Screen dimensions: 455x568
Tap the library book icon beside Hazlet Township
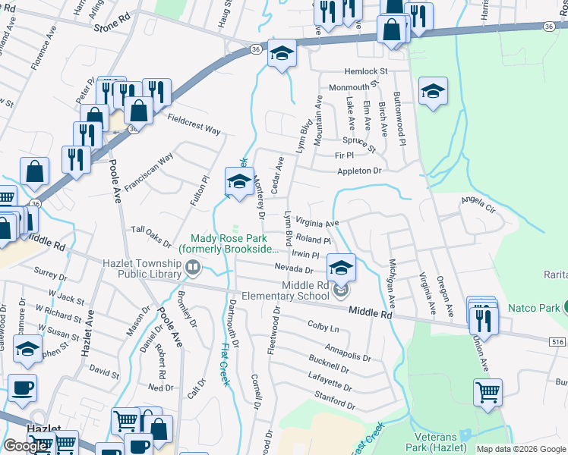coord(193,268)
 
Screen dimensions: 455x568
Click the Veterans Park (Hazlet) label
coord(436,444)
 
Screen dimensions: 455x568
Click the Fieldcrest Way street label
coord(194,124)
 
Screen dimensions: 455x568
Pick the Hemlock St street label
coord(364,71)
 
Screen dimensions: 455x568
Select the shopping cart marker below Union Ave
coord(488,394)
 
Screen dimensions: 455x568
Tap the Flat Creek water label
coord(225,364)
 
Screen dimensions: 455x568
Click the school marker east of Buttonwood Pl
coord(433,92)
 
